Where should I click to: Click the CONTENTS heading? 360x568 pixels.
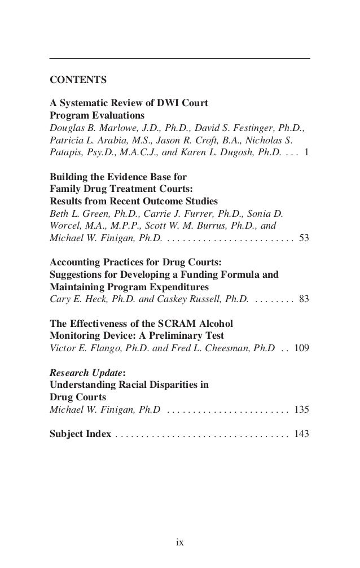78,81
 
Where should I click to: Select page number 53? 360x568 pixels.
304,238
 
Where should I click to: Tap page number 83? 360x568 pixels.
304,299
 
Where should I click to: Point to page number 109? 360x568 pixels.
301,348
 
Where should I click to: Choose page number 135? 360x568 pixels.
301,409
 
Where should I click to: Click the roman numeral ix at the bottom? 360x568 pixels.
179,543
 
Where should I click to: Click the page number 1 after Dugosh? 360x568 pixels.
306,152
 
